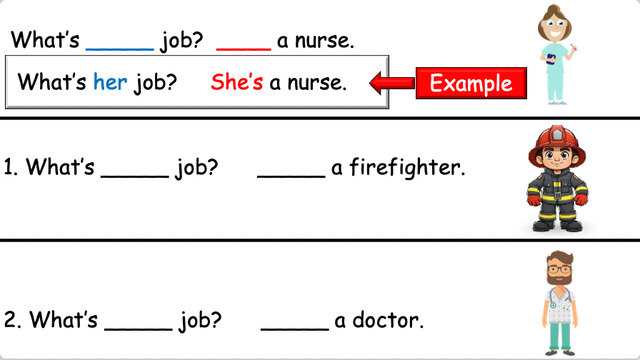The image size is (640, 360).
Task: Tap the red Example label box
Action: [471, 83]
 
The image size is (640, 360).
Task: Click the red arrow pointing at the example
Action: [392, 84]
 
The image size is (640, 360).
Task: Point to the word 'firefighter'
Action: [407, 169]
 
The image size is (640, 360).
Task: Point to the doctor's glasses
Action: [559, 271]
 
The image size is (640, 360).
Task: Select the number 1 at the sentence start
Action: [10, 169]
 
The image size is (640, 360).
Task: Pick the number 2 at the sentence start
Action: [11, 321]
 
